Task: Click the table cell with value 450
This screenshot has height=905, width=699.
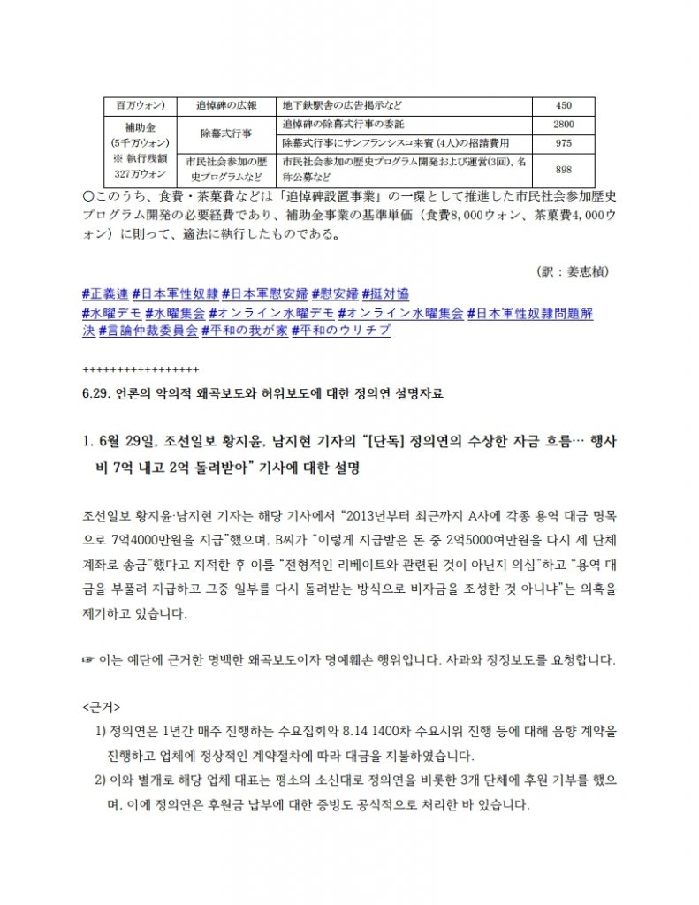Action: point(563,104)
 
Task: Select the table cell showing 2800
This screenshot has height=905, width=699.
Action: point(563,124)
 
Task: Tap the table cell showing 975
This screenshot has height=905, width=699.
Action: point(563,142)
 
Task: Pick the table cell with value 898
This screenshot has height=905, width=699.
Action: point(563,169)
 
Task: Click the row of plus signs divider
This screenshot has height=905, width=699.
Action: point(140,369)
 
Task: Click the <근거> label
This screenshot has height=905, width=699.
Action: point(100,708)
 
